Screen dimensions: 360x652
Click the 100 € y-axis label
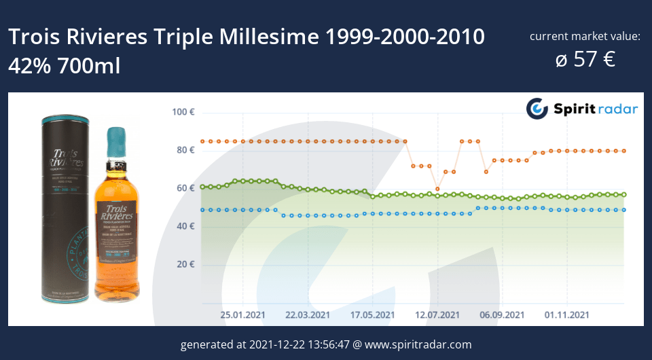(x=183, y=112)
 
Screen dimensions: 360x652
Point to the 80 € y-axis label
(x=185, y=150)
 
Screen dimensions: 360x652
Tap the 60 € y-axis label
(x=185, y=188)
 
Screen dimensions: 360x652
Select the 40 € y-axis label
(x=185, y=226)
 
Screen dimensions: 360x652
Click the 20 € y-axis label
(x=185, y=264)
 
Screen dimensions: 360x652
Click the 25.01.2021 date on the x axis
(x=242, y=315)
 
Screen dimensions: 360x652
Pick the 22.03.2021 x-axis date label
(x=307, y=315)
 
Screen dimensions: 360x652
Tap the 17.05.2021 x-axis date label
(x=372, y=315)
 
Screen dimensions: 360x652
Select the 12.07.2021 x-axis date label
(x=437, y=315)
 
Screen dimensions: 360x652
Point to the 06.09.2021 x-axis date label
(x=503, y=315)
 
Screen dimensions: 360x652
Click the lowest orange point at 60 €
(x=437, y=189)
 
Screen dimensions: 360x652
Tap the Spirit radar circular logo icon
(x=537, y=109)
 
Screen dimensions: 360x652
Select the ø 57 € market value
(x=585, y=59)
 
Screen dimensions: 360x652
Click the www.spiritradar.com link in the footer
(x=418, y=344)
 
